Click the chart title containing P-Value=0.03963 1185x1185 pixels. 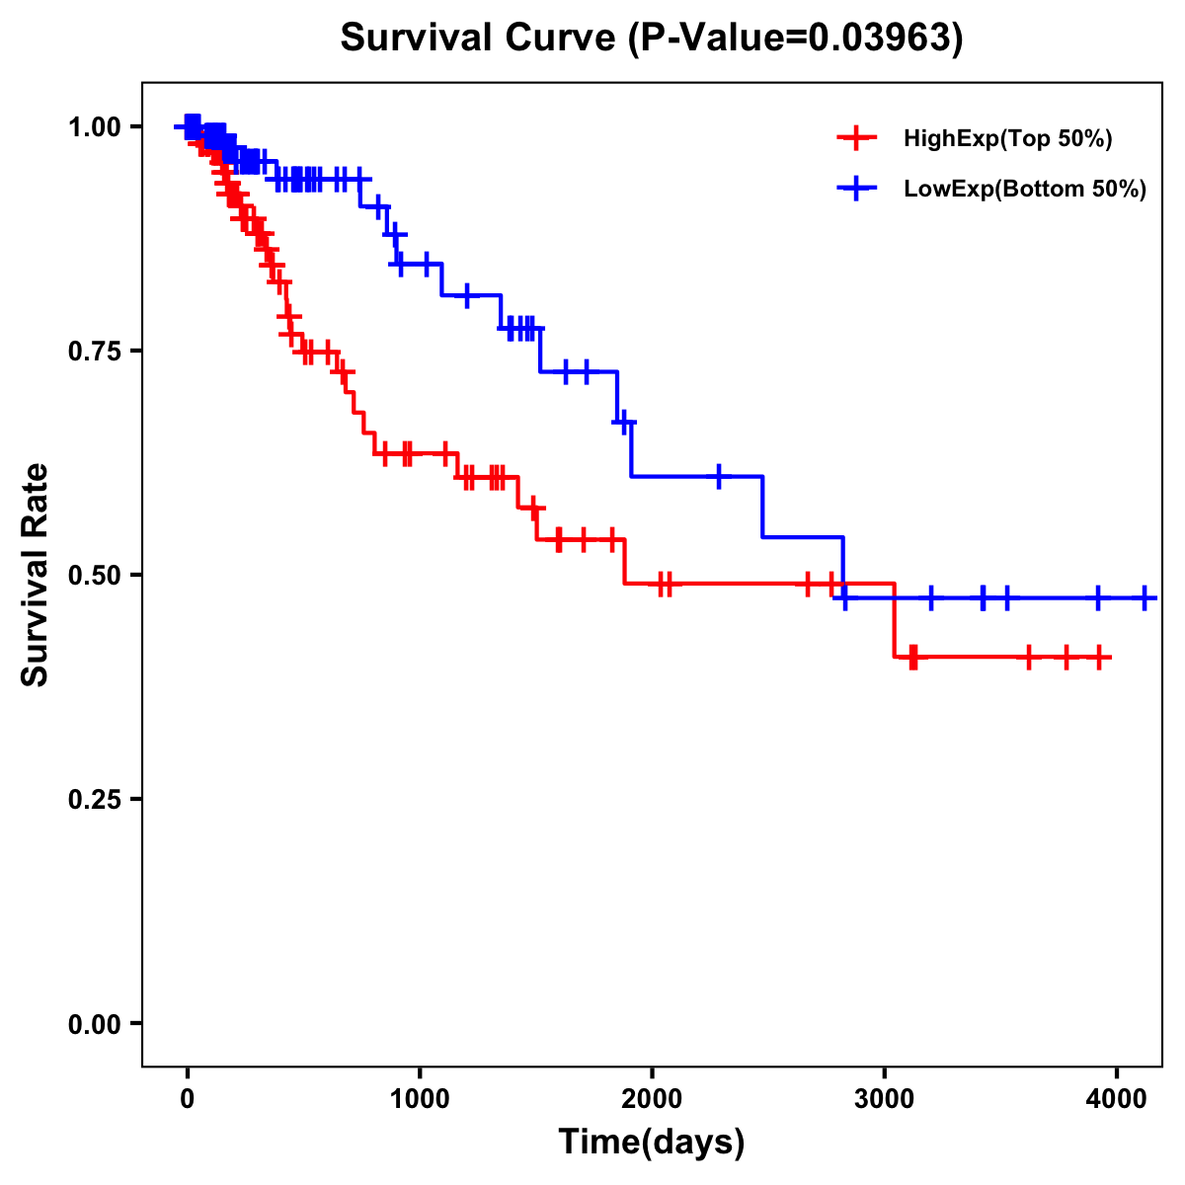coord(651,39)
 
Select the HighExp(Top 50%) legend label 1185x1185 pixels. coord(1008,139)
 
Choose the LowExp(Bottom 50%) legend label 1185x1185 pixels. coord(1025,190)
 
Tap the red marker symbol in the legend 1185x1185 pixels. coord(856,138)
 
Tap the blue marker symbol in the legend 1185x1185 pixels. coord(856,189)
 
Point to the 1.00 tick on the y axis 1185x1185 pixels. coord(93,127)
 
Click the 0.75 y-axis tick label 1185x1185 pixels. coord(93,352)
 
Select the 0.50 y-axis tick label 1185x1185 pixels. coord(93,576)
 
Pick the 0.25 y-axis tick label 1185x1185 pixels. coord(93,800)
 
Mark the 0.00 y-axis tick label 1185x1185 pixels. coord(93,1024)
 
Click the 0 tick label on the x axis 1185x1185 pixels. coord(188,1097)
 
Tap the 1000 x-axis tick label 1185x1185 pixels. coord(420,1097)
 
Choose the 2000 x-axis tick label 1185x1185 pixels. coord(652,1097)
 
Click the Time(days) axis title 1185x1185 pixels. coord(652,1143)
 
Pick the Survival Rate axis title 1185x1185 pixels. coord(36,575)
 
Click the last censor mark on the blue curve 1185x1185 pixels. coord(1145,598)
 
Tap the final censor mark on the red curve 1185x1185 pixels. coord(1099,658)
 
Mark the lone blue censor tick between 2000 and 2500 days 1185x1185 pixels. coord(719,476)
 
